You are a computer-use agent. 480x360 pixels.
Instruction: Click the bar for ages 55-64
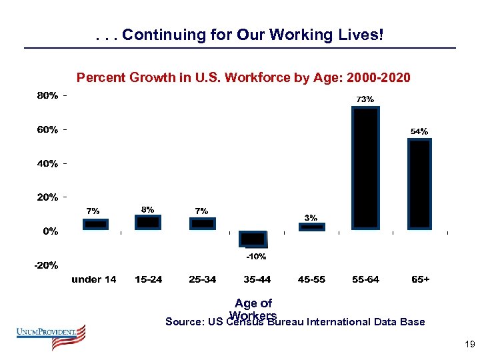(x=365, y=168)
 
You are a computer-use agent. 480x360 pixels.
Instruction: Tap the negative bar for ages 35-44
(x=253, y=239)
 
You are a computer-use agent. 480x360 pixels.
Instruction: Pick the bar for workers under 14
(x=95, y=224)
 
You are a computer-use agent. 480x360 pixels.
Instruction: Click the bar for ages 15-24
(x=148, y=222)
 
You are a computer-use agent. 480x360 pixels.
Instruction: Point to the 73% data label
(x=365, y=99)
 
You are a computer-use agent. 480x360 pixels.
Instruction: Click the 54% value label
(x=419, y=131)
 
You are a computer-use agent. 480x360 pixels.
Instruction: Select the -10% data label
(x=256, y=256)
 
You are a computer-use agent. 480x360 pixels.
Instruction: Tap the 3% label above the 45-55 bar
(x=311, y=217)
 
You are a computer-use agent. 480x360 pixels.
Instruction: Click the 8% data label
(x=147, y=209)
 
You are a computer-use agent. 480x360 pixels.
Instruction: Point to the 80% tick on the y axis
(x=47, y=96)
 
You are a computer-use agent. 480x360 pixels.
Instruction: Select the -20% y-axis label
(x=47, y=265)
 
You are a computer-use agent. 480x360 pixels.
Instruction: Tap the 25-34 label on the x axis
(x=202, y=279)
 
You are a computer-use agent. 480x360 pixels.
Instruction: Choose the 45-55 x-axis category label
(x=311, y=279)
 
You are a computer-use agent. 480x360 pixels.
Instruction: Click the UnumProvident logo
(x=52, y=336)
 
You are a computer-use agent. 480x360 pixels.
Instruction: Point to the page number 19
(x=469, y=345)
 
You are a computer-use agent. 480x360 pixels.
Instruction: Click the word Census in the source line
(x=246, y=323)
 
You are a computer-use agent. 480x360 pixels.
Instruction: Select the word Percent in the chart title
(x=99, y=78)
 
